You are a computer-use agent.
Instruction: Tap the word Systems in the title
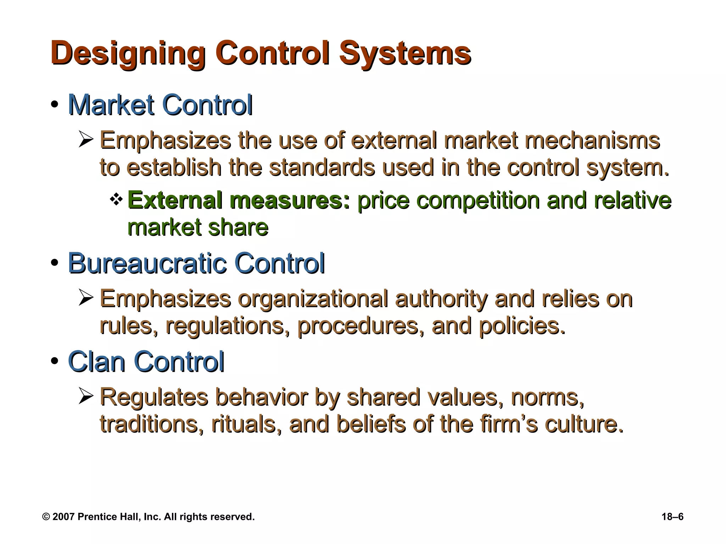tap(405, 53)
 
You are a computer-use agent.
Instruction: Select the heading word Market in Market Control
tap(111, 105)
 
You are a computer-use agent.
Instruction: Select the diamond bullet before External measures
tap(116, 200)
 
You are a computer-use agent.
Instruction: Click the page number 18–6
tap(672, 517)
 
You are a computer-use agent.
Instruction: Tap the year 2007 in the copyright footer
tap(63, 517)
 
